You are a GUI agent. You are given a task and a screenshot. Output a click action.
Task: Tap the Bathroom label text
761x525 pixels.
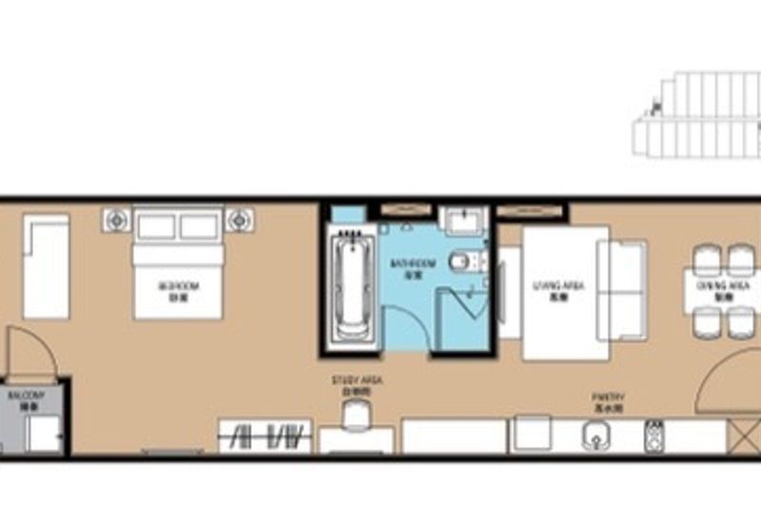tap(413, 266)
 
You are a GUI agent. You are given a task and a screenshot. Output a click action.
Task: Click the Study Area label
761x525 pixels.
tap(357, 384)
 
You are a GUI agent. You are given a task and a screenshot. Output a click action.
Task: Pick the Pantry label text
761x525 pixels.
tap(599, 404)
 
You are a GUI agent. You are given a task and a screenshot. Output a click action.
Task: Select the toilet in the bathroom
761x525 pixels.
tap(462, 260)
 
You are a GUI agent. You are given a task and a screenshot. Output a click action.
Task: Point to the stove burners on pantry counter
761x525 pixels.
tap(654, 436)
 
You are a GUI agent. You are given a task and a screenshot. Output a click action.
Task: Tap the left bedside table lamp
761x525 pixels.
tap(116, 220)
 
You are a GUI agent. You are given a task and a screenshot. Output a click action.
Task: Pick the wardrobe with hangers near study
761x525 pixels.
tap(265, 437)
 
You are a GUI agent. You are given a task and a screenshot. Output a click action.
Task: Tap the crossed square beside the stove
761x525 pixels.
tap(740, 436)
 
